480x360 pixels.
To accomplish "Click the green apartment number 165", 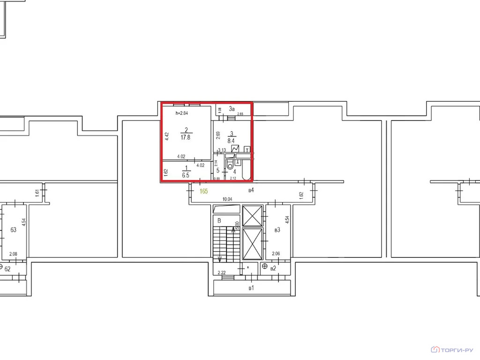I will pos(203,191).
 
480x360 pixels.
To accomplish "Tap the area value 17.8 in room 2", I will pos(186,137).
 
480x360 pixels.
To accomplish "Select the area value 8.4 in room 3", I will pos(231,139).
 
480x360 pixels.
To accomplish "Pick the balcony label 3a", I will pos(232,109).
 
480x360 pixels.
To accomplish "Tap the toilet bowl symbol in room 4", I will pos(230,165).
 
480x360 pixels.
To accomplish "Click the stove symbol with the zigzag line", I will pos(235,148).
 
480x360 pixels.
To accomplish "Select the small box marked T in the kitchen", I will pos(247,150).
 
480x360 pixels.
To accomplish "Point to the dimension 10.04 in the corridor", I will pos(227,199).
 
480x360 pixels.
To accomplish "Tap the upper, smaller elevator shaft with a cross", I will pos(253,216).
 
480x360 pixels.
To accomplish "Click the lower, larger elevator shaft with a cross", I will pos(253,244).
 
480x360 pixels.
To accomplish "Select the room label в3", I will pos(277,230).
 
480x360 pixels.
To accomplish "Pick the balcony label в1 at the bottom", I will pos(251,287).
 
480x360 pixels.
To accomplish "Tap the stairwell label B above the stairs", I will pos(218,220).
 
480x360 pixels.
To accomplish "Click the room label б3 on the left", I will pos(13,230).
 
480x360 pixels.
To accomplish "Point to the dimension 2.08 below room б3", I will pos(13,255).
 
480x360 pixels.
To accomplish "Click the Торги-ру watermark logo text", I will pos(457,350).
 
